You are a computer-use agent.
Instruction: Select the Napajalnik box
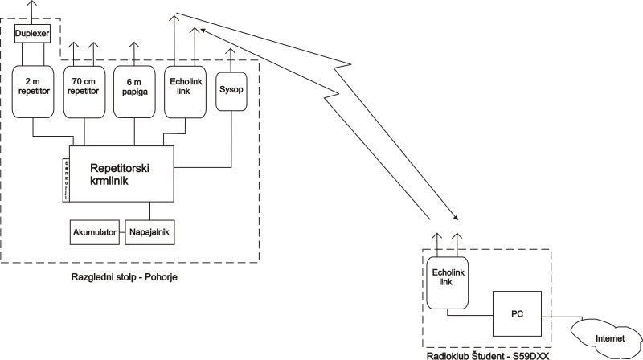coord(149,233)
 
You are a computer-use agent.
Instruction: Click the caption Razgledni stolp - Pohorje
coord(125,276)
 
